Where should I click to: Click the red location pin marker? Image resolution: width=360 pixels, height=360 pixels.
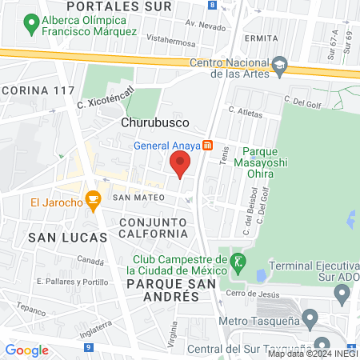(180, 164)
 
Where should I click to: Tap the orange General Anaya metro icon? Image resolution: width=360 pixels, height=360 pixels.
(208, 146)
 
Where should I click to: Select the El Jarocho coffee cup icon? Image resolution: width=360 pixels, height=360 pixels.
(93, 202)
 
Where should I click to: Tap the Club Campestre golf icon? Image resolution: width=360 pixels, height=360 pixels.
(238, 261)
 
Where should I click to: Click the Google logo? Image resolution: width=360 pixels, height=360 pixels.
(26, 350)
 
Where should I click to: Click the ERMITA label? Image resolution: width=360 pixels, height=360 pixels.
(262, 37)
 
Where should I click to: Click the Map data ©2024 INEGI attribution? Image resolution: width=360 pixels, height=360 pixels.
(312, 353)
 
